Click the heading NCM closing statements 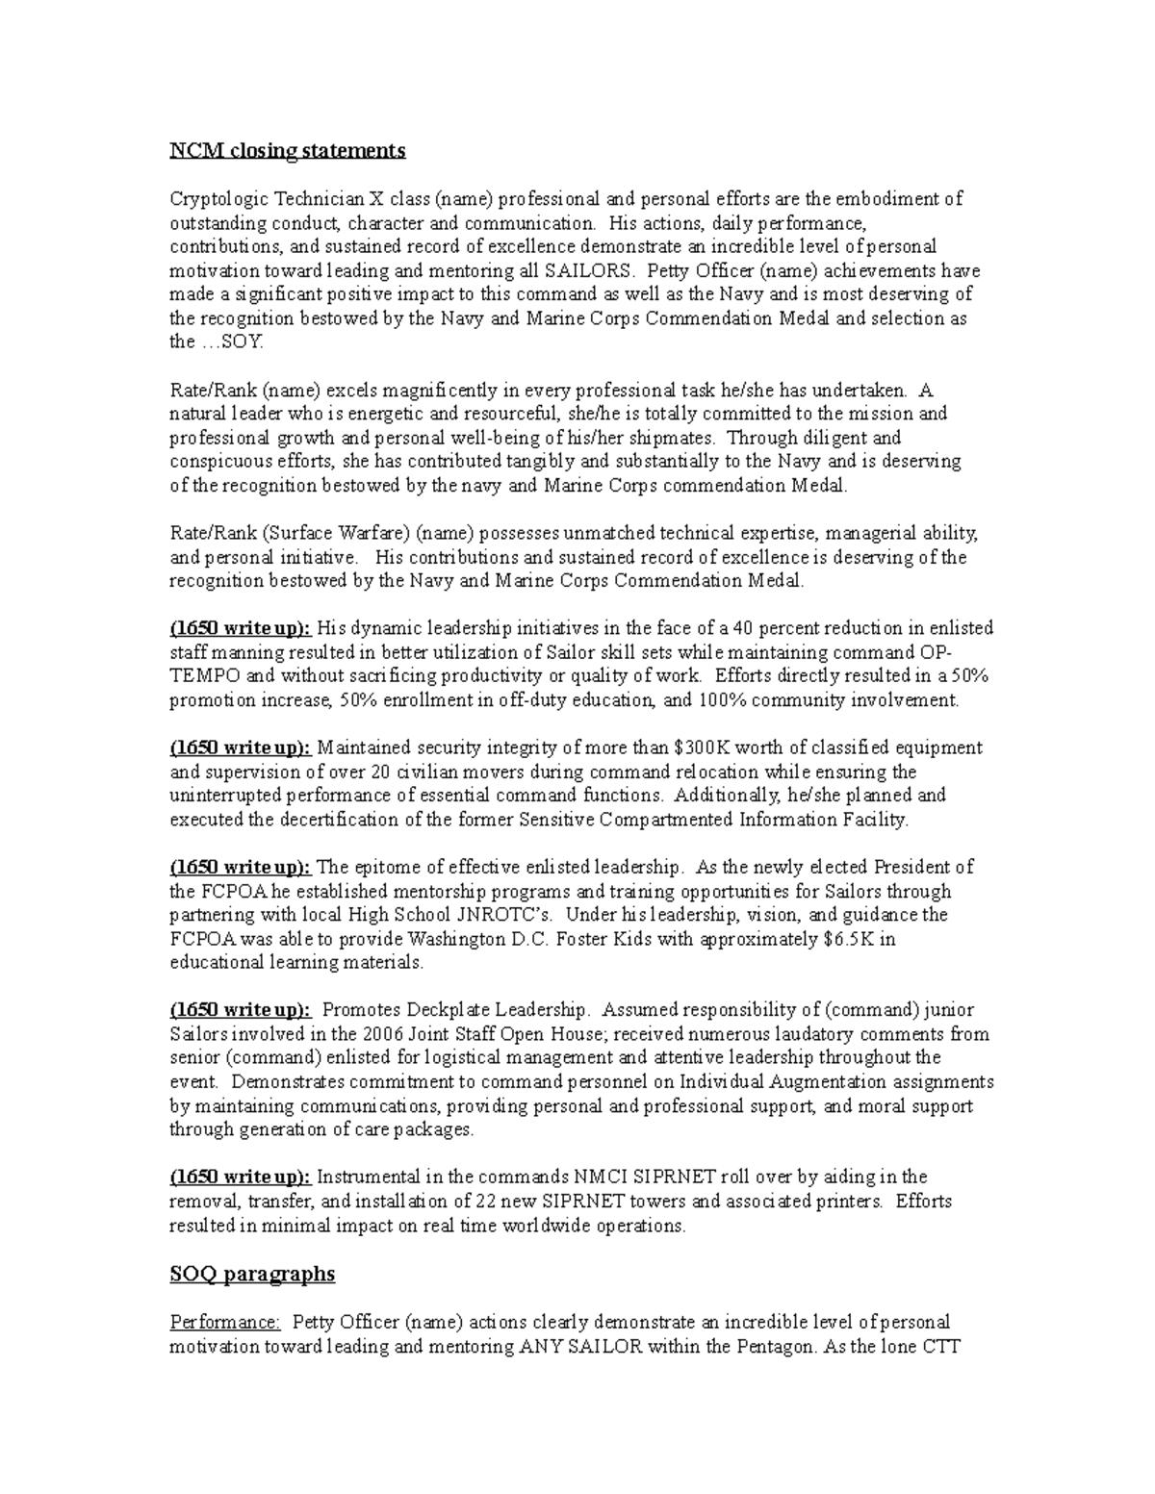[x=288, y=151]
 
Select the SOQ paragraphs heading [x=252, y=1274]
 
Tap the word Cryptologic [x=218, y=199]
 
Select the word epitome [x=385, y=867]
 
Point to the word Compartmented [x=668, y=820]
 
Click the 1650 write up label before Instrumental [x=241, y=1177]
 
